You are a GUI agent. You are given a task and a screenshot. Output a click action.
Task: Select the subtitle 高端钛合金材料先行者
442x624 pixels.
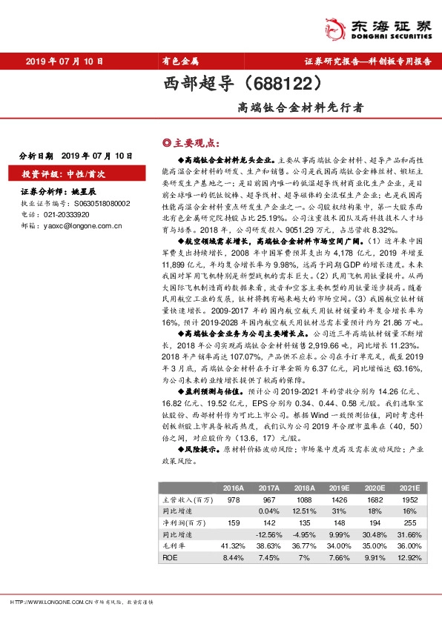301,107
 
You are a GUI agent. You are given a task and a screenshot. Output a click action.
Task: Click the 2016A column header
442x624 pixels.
233,488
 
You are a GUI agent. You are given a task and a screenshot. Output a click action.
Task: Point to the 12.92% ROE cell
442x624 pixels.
409,556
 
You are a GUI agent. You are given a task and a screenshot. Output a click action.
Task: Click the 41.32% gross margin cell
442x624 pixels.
232,545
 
